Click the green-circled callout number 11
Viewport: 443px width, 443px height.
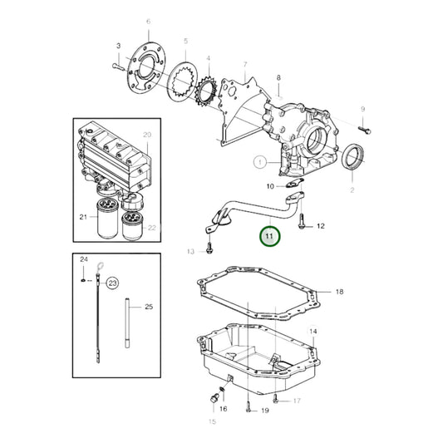[x=269, y=236]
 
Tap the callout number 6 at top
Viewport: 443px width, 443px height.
[x=148, y=22]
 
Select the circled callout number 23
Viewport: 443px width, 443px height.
[x=112, y=281]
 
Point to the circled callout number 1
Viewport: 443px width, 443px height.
[x=259, y=161]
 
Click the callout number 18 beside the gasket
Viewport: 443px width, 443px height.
[x=339, y=292]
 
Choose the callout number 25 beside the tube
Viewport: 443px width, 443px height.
[x=149, y=307]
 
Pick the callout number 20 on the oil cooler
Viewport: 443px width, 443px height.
[x=146, y=135]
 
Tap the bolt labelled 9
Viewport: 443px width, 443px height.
[x=364, y=129]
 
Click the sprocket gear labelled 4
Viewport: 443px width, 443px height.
[x=205, y=86]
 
